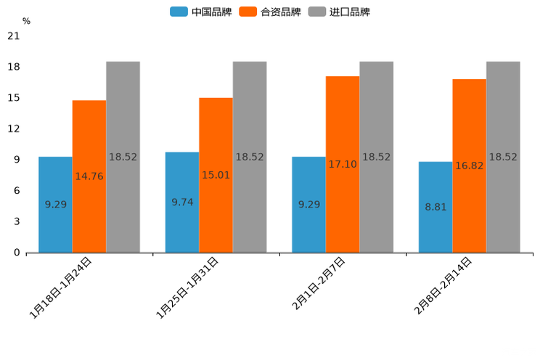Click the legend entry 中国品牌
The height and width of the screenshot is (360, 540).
tap(201, 12)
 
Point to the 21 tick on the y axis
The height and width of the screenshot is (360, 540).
tap(13, 36)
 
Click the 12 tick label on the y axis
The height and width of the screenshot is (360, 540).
tap(13, 128)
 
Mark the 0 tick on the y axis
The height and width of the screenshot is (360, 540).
tap(16, 253)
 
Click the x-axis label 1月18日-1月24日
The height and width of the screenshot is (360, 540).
tap(61, 287)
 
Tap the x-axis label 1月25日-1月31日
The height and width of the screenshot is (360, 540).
tap(188, 287)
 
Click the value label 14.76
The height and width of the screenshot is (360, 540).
tap(89, 176)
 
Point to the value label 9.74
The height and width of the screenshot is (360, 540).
tap(182, 202)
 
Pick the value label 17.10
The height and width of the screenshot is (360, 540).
tap(342, 165)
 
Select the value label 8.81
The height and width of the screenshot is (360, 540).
tap(435, 207)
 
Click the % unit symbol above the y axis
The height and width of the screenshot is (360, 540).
tap(26, 21)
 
